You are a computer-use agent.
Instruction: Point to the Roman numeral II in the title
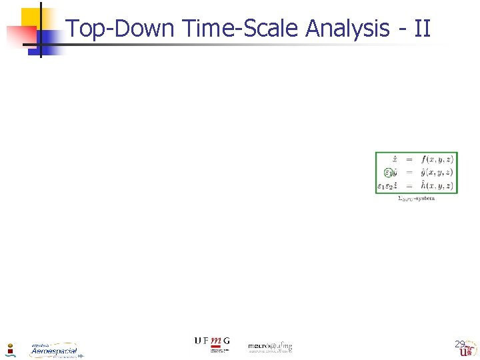tap(422, 29)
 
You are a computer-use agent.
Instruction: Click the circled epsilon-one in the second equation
tap(389, 173)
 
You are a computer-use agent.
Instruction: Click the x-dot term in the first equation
tap(395, 160)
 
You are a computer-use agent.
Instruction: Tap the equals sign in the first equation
tap(409, 160)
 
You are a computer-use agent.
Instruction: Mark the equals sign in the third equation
tap(409, 186)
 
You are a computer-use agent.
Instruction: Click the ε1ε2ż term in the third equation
tap(389, 186)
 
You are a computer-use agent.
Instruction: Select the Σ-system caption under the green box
tap(416, 199)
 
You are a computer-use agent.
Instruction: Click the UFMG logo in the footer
tap(212, 342)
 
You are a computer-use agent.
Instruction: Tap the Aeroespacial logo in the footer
tap(54, 350)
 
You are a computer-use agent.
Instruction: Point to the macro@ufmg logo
tap(270, 347)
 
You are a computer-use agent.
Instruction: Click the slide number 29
tap(460, 345)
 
